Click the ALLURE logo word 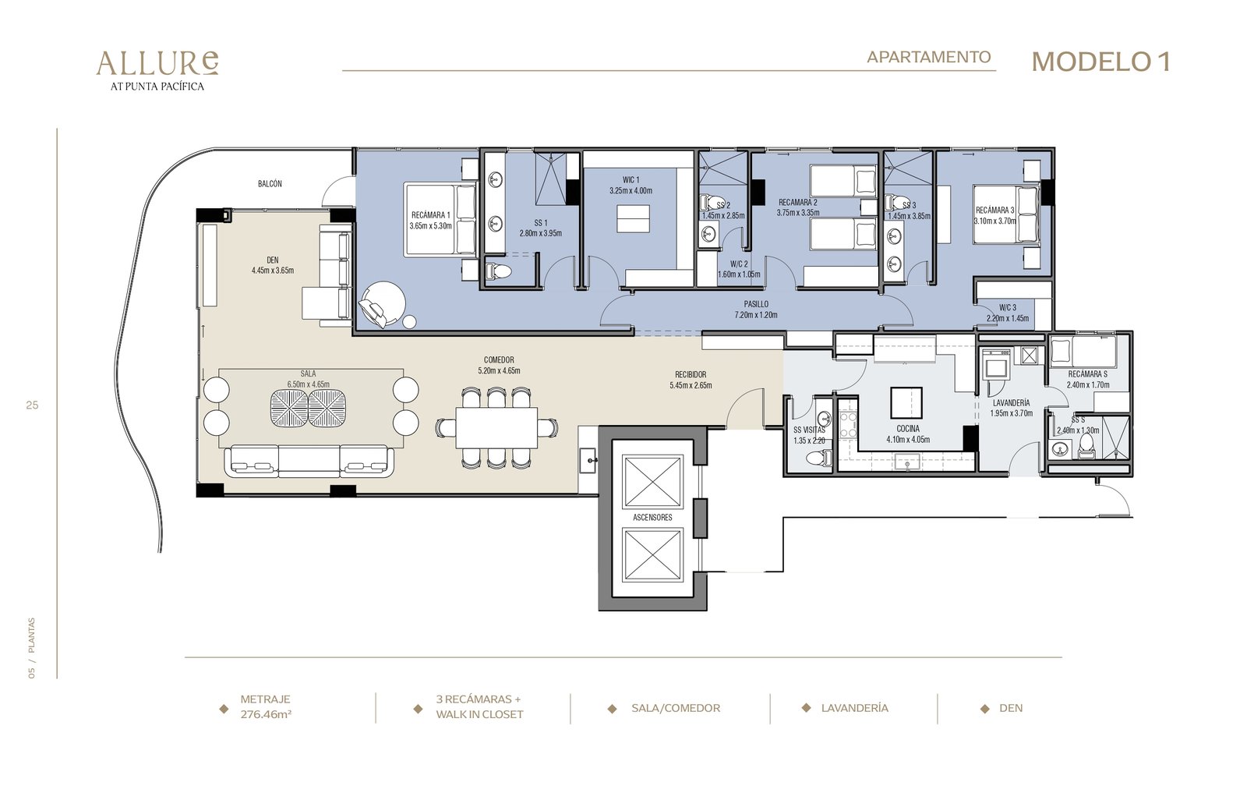(x=157, y=63)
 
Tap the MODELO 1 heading (x=1100, y=62)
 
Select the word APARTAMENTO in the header (x=928, y=57)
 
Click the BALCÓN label (x=270, y=183)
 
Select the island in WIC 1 (x=633, y=218)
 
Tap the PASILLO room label (x=756, y=304)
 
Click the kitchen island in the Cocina (x=906, y=402)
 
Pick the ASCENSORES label (x=652, y=518)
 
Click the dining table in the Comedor (x=496, y=428)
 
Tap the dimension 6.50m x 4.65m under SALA (x=309, y=384)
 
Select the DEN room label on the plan (x=272, y=260)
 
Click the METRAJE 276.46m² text (x=266, y=706)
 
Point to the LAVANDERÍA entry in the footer (x=854, y=708)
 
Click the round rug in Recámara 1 (x=383, y=303)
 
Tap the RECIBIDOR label (x=691, y=375)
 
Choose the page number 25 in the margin (x=32, y=405)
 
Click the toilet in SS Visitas (x=818, y=458)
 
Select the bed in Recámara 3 (x=1006, y=214)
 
